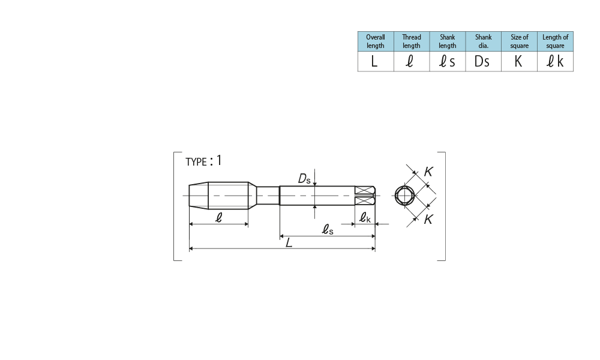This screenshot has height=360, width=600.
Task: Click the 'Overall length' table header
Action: coord(376,41)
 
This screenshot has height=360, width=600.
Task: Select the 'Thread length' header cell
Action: coord(412,41)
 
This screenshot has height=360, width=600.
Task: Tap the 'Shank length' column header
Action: coord(448,41)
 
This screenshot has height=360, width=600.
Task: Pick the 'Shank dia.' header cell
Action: coord(483,41)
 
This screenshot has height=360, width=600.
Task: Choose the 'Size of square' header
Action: coord(519,41)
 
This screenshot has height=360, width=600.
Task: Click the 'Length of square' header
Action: coord(555,41)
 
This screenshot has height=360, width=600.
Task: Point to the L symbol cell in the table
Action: coord(376,61)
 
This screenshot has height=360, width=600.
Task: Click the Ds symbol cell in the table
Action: coord(483,61)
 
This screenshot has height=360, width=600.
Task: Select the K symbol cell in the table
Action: coord(519,61)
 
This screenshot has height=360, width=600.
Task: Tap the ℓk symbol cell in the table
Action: coord(555,61)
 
